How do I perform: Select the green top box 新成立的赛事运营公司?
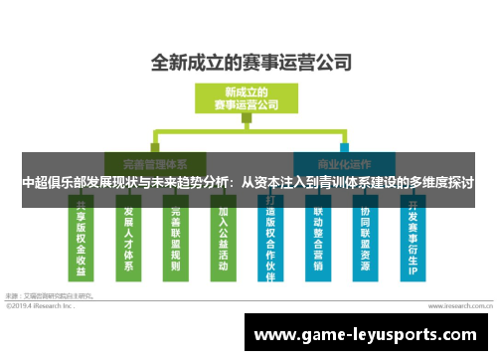tap(246, 97)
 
